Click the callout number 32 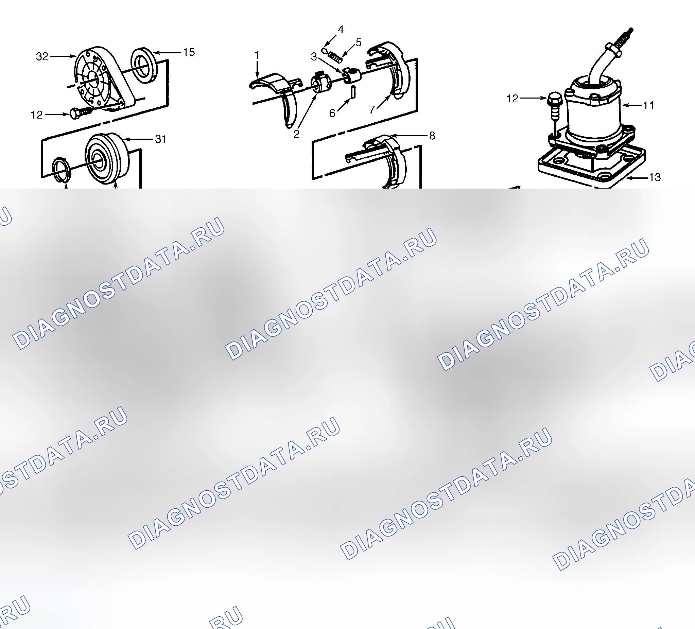coord(42,56)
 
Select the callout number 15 coord(189,52)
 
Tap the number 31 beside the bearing coord(161,139)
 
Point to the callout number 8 coord(432,136)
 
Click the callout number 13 coord(655,177)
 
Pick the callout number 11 coord(648,105)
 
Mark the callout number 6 coord(332,113)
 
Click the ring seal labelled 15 coord(144,66)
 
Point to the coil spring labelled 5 coord(335,56)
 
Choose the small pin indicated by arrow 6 coord(353,92)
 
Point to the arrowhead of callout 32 coord(73,56)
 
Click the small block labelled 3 coord(352,76)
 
